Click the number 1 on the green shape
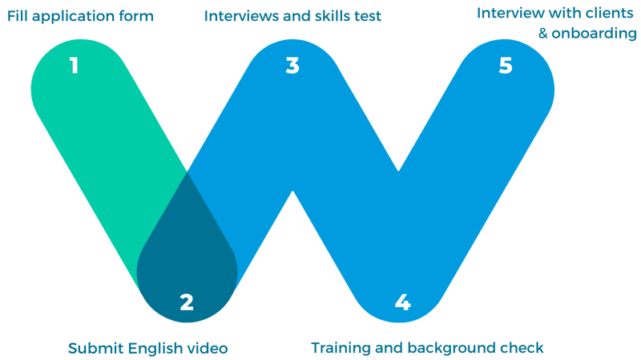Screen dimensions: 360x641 74,66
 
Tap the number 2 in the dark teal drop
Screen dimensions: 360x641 187,302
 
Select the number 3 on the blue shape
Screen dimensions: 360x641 292,66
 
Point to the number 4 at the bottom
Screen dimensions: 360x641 402,302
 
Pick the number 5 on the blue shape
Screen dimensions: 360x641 505,66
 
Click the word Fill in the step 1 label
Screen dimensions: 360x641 18,15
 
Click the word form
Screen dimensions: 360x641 137,15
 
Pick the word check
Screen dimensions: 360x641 526,348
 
